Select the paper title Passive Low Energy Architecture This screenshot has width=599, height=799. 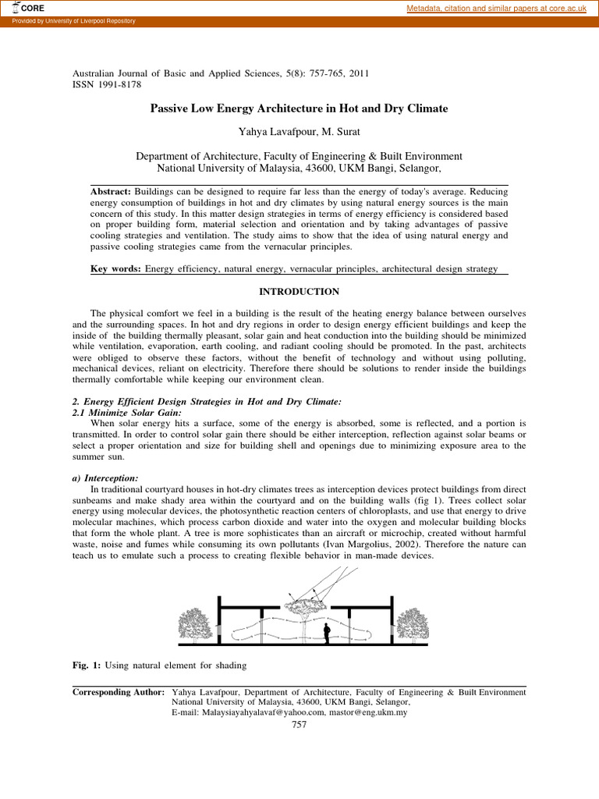[299, 108]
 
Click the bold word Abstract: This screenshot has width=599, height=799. [112, 192]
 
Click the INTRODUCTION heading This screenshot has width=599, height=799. [299, 292]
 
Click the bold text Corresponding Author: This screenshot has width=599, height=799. [118, 691]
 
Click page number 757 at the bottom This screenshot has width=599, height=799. [299, 724]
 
